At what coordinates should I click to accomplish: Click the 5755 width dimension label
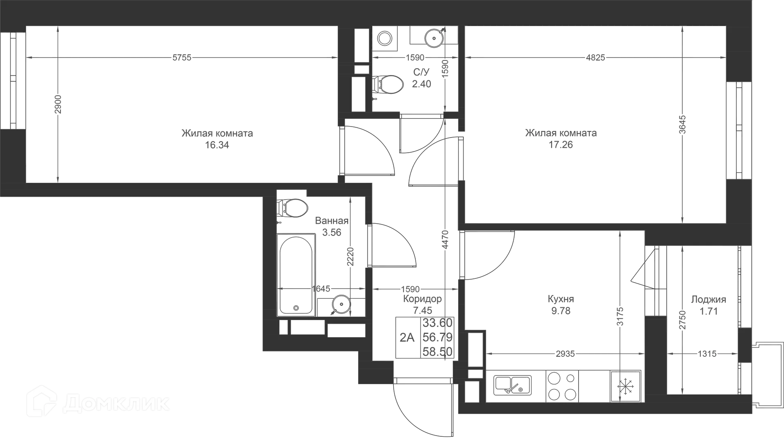tap(182, 58)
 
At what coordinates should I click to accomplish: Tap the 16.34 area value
tap(217, 145)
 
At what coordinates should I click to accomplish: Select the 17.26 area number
tap(561, 145)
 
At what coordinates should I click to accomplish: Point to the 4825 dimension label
tap(595, 58)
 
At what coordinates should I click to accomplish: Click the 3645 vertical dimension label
tap(683, 125)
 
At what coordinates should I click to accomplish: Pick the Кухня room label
tap(561, 299)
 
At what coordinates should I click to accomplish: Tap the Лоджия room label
tap(708, 300)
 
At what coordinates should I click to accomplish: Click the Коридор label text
tap(422, 299)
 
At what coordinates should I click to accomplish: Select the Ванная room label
tap(332, 221)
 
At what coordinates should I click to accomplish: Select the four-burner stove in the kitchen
tap(562, 386)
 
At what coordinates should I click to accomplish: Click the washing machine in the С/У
tap(385, 39)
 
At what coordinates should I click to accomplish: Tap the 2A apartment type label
tap(407, 338)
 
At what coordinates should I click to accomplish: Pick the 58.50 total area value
tap(437, 352)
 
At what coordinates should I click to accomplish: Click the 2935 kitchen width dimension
tap(565, 354)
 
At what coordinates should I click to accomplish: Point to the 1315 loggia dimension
tap(707, 354)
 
